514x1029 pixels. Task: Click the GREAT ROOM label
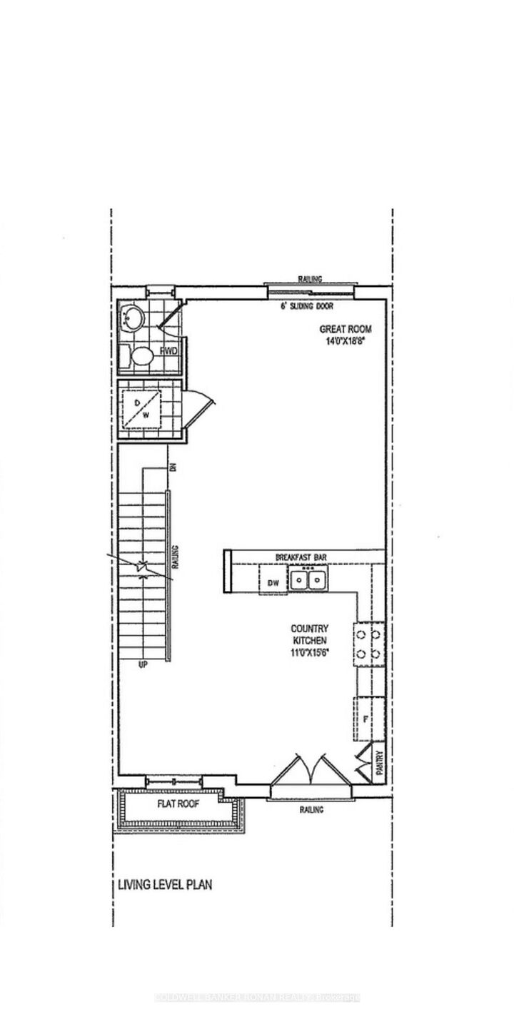(x=346, y=329)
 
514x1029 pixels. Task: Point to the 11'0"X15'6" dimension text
(x=309, y=652)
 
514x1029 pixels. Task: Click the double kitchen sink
(x=308, y=579)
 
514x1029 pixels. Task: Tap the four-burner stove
(x=368, y=644)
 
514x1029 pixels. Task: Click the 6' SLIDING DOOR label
(x=308, y=306)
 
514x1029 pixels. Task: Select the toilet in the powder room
(x=140, y=355)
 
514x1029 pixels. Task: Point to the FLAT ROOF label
(x=178, y=804)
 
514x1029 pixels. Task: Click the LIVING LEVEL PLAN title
(x=164, y=886)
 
